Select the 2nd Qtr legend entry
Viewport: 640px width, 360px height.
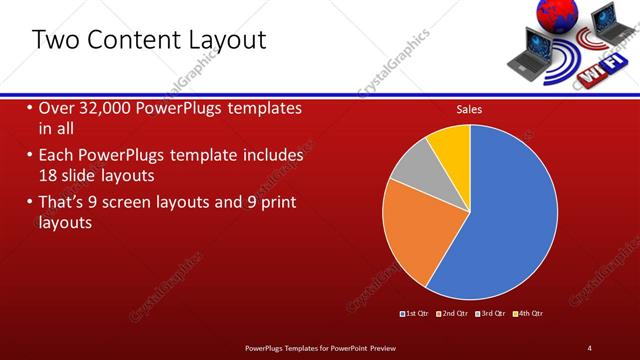coord(452,314)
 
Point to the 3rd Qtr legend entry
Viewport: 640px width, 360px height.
coord(491,314)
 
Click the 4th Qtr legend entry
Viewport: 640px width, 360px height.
coord(529,314)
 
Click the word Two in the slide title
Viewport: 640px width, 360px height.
coord(54,40)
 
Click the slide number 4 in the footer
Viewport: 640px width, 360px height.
coord(590,347)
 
